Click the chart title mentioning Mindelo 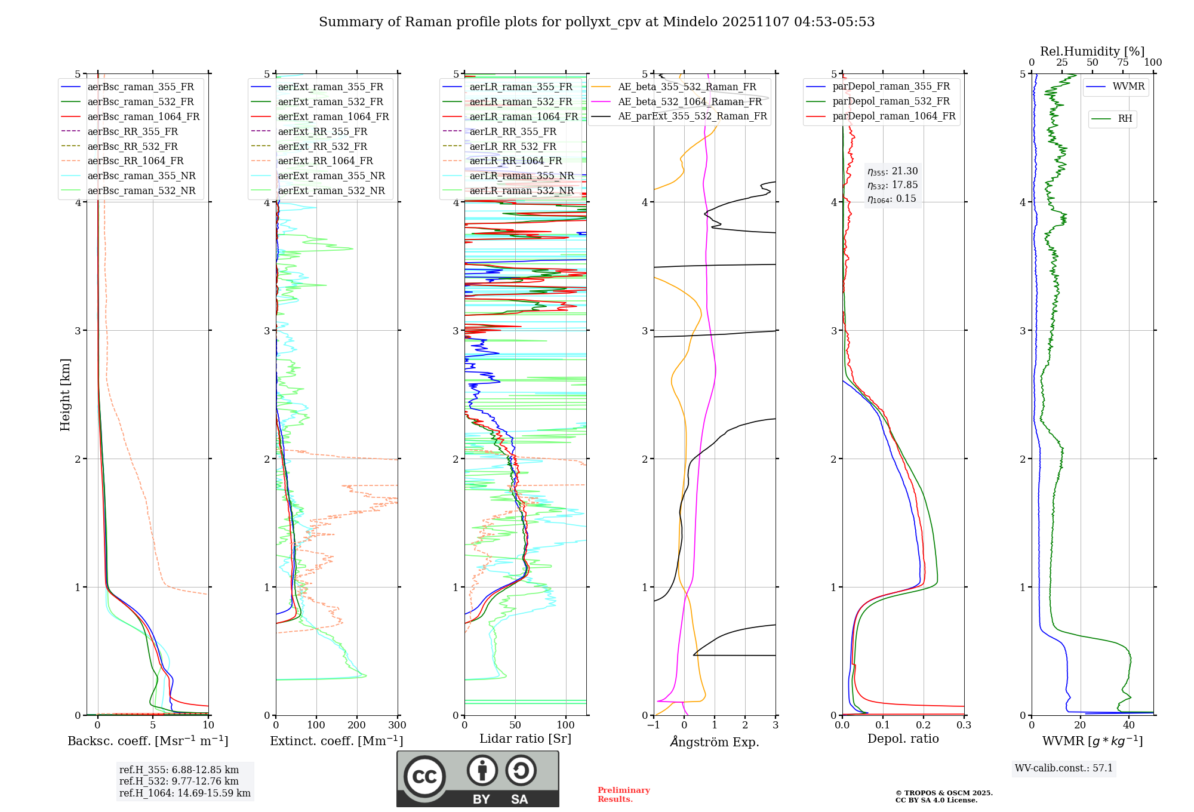596,22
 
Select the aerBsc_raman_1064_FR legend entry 143,116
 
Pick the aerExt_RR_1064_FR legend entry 325,161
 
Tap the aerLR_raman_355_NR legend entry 521,176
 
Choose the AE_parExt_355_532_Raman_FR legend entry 692,116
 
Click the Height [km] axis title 65,395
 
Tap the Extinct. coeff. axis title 336,741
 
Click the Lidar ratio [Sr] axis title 525,739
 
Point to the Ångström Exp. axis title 714,742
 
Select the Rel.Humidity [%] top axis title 1092,51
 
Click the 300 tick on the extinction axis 397,725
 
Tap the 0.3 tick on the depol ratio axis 964,725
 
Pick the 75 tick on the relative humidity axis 1122,63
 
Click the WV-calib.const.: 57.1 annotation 1064,768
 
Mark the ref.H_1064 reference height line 184,793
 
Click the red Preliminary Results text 623,795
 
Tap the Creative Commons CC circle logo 424,776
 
